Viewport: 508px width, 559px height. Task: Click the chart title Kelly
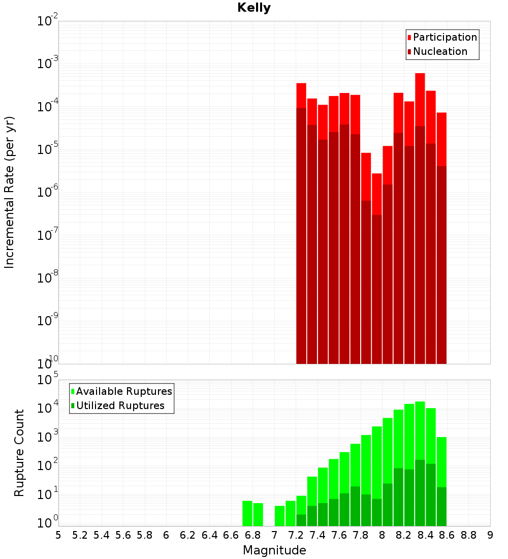coord(254,8)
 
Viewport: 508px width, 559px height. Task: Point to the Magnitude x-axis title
coord(274,550)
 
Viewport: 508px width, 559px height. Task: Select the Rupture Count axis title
coord(19,452)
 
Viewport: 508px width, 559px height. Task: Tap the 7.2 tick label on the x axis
coord(296,535)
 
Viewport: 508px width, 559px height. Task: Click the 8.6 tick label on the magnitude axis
coord(447,535)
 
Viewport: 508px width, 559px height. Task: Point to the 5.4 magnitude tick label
coord(102,535)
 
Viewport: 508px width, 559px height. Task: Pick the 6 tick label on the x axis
coord(166,535)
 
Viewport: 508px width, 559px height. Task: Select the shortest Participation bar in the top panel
coord(376,194)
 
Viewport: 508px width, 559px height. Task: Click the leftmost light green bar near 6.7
coord(247,513)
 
